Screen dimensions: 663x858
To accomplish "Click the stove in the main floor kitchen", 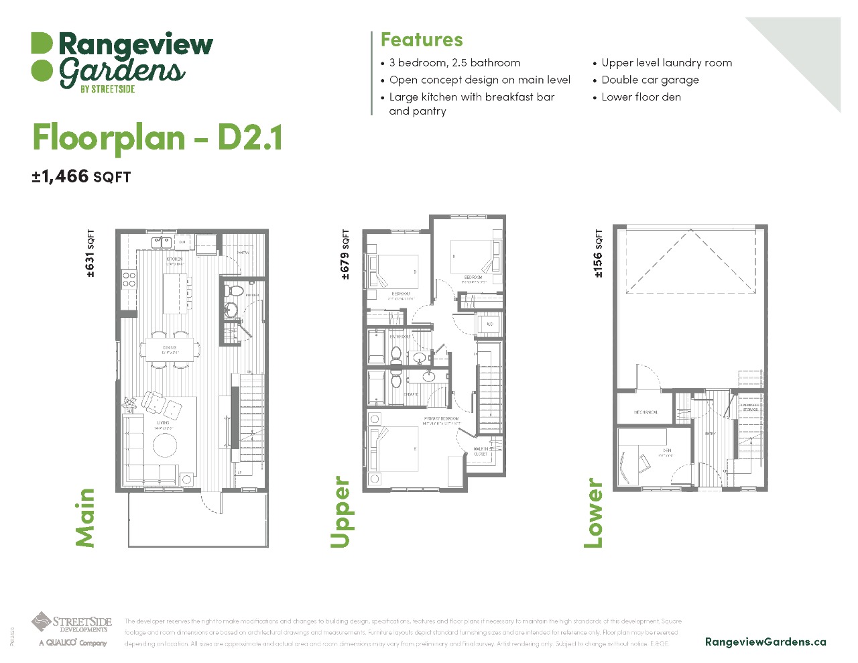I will tap(129, 280).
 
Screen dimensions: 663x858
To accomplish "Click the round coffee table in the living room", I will tap(164, 444).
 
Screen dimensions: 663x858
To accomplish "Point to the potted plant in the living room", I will tap(129, 404).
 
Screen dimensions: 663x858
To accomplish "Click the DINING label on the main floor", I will tap(170, 348).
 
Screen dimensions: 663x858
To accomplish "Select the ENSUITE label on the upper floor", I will tap(411, 394).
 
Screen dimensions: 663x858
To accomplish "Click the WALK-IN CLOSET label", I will tap(481, 451).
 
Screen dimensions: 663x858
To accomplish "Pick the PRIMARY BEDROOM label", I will tap(441, 419).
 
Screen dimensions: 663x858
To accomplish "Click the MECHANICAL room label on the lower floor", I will tap(646, 412).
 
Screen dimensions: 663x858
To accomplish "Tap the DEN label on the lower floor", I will tap(666, 450).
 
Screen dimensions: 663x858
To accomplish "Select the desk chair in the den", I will tap(645, 462).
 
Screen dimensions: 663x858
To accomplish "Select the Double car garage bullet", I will tap(650, 80).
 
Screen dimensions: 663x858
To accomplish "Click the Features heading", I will tap(422, 40).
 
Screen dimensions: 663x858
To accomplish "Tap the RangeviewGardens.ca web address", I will tap(765, 642).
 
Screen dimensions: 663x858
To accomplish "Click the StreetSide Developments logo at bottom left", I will tap(71, 629).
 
